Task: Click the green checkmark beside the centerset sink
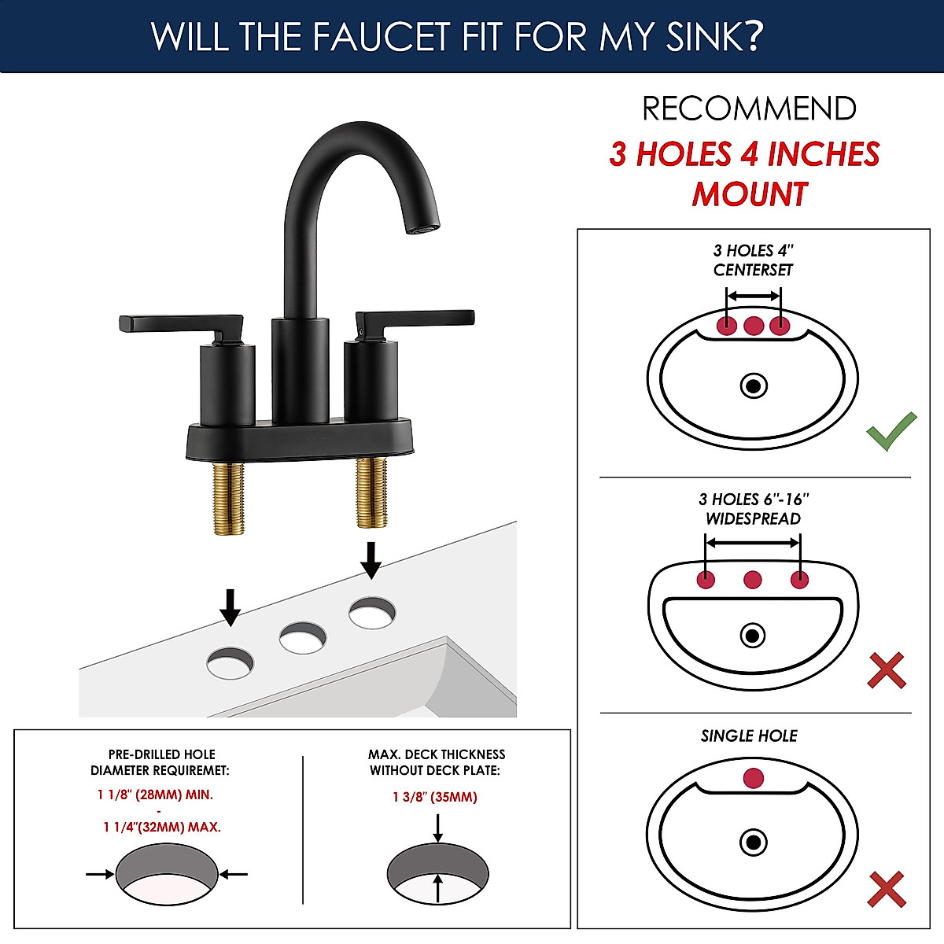pos(891,431)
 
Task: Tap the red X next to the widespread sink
pos(887,671)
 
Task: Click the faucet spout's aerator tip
pos(420,230)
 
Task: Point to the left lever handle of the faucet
pos(181,323)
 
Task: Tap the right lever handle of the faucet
pos(417,318)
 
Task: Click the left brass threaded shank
pos(229,499)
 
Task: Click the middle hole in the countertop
pos(303,637)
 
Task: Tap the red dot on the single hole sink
pos(753,779)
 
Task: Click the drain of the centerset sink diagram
pos(754,386)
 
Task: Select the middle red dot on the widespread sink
pos(753,581)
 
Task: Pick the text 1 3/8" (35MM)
pos(435,797)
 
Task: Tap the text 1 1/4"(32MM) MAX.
pos(162,827)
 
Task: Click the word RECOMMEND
pos(749,109)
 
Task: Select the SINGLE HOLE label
pos(749,736)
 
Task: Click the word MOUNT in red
pos(750,194)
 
